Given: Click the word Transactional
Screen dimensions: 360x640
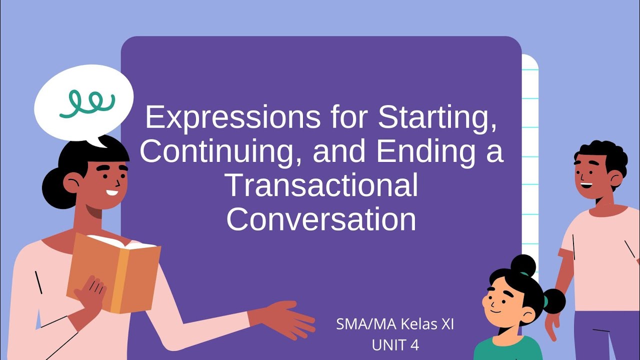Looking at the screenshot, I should pyautogui.click(x=322, y=185).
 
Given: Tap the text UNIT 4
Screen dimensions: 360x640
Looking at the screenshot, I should pyautogui.click(x=395, y=345).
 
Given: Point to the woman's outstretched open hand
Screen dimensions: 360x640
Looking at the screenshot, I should pyautogui.click(x=290, y=320).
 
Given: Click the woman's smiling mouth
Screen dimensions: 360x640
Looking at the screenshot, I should pyautogui.click(x=112, y=192).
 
